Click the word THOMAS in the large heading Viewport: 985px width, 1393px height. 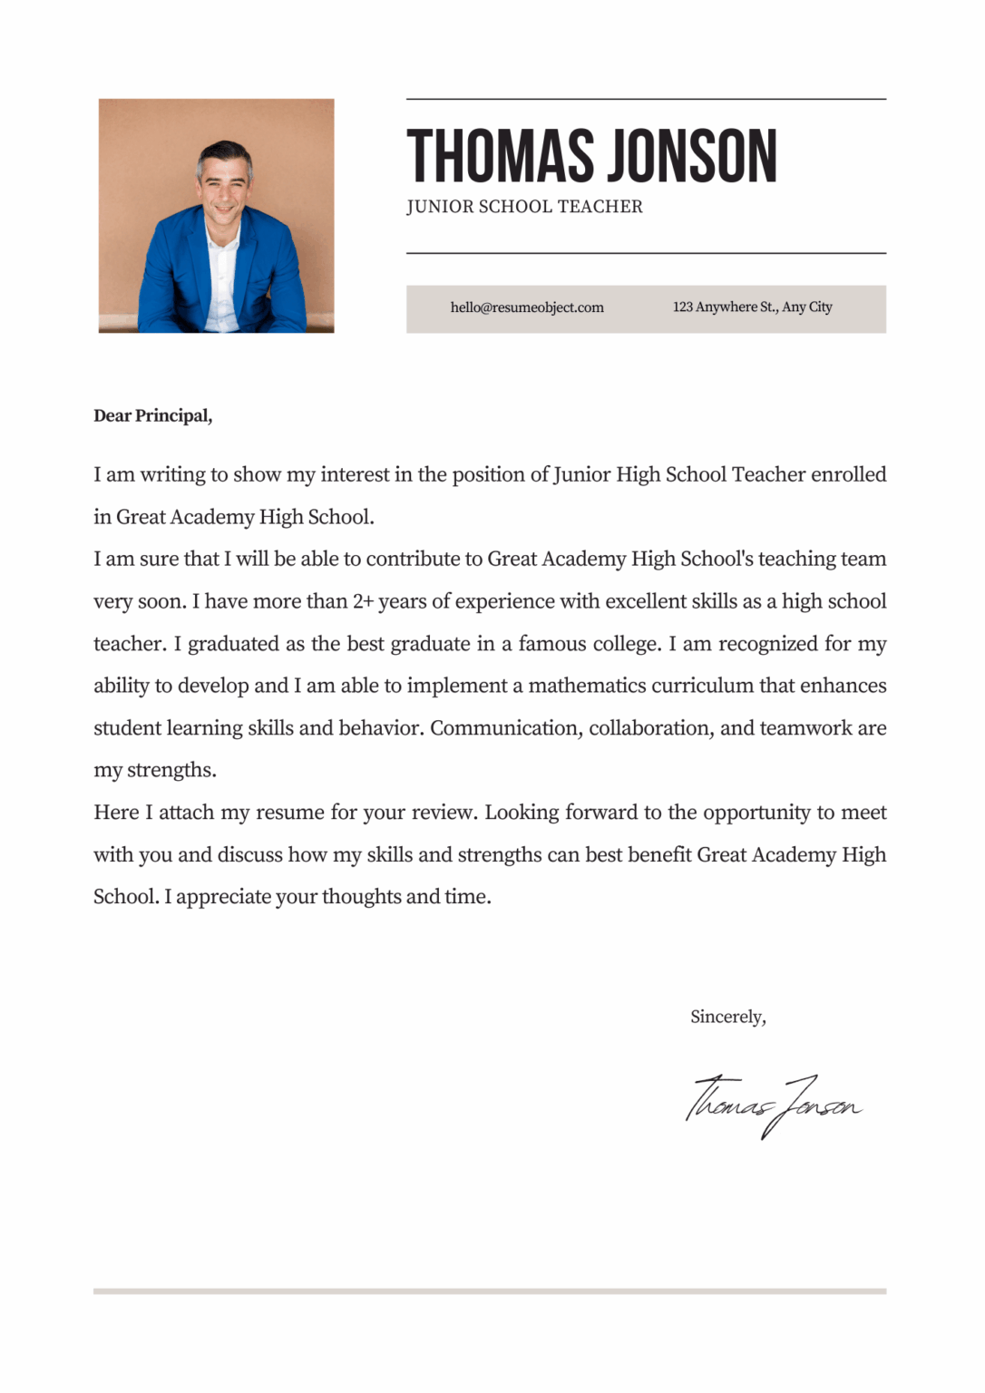(501, 156)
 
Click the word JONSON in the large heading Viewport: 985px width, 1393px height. (691, 156)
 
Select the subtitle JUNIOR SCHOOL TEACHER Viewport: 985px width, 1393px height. (524, 207)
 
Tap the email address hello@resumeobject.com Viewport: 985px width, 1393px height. (527, 307)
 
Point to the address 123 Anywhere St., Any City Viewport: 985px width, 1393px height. (752, 307)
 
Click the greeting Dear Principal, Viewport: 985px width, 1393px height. (152, 416)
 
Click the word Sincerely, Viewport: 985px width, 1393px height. (727, 1017)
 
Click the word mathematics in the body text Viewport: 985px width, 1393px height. (587, 686)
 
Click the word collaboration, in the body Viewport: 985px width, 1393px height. (650, 728)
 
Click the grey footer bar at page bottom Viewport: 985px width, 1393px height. (490, 1291)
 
